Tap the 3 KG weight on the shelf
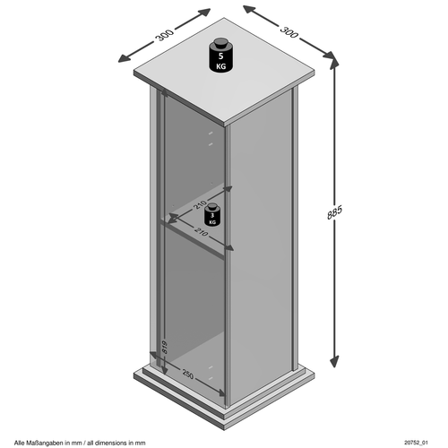tap(212, 214)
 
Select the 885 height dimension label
tap(334, 212)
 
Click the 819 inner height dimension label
tap(165, 347)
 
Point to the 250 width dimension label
tap(187, 375)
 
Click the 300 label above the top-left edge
tap(164, 35)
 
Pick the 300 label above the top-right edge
tap(289, 32)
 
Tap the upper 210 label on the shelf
tap(200, 205)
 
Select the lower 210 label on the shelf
tap(201, 232)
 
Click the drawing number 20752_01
tap(416, 443)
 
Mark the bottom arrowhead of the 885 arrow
tap(334, 361)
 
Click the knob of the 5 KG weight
tap(220, 42)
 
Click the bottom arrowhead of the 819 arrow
tap(164, 369)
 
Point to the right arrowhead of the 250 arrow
tap(220, 393)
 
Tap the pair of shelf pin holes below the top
tap(211, 138)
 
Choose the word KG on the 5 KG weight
tap(220, 66)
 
